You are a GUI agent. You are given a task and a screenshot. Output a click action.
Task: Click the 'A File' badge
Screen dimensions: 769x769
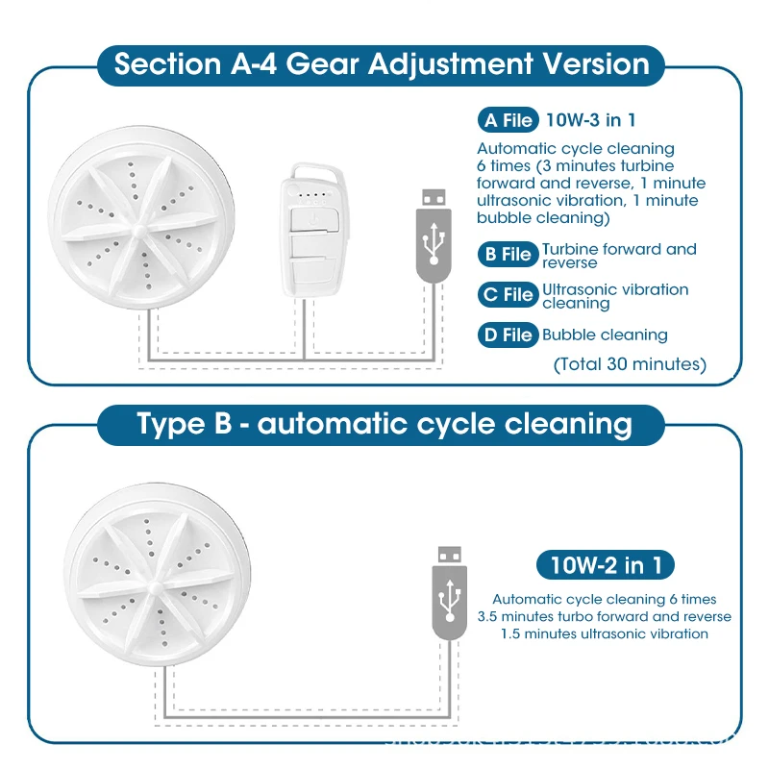pos(507,120)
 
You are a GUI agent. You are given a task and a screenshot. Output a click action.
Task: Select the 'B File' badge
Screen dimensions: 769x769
pos(507,255)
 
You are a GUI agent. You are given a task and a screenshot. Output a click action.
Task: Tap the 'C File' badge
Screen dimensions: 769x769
pos(507,295)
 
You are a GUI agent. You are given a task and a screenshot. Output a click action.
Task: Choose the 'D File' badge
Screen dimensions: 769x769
pos(507,335)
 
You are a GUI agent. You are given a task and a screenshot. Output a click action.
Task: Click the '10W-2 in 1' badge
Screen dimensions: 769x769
pos(606,564)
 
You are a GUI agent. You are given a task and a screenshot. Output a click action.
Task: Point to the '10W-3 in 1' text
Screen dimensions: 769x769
pos(590,120)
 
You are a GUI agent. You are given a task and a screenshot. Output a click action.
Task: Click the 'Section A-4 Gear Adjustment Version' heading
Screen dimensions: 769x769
pos(381,64)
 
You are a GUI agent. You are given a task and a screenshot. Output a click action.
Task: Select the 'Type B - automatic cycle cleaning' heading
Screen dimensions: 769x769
pos(381,424)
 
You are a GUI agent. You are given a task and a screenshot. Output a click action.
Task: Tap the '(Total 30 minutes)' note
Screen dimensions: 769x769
pos(630,364)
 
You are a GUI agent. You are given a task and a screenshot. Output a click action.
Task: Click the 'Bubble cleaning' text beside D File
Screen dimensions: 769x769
pos(605,335)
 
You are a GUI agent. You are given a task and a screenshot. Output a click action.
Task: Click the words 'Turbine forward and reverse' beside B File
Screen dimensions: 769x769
pos(619,256)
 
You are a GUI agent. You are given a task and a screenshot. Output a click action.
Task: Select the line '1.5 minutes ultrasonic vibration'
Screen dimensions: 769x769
pos(605,633)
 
